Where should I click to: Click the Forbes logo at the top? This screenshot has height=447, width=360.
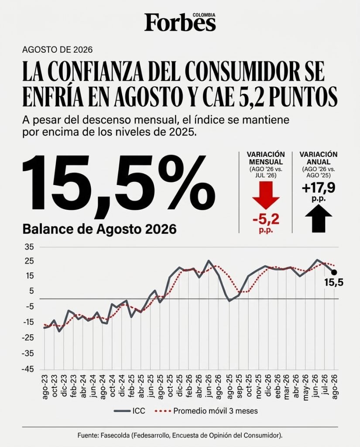(x=180, y=22)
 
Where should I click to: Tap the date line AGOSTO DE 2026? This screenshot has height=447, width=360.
(x=58, y=50)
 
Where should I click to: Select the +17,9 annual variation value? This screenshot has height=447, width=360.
(x=319, y=188)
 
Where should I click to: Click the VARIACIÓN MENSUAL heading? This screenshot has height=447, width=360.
(x=266, y=158)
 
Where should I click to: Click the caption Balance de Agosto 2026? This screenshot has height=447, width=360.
(x=99, y=229)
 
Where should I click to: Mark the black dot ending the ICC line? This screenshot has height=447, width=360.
(x=334, y=272)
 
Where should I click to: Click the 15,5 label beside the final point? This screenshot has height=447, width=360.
(x=333, y=282)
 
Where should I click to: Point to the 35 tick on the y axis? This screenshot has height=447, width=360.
(x=30, y=247)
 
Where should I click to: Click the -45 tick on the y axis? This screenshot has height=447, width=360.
(x=28, y=369)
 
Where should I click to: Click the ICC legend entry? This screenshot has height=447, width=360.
(x=130, y=411)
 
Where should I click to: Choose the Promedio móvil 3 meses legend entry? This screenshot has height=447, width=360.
(x=206, y=411)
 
